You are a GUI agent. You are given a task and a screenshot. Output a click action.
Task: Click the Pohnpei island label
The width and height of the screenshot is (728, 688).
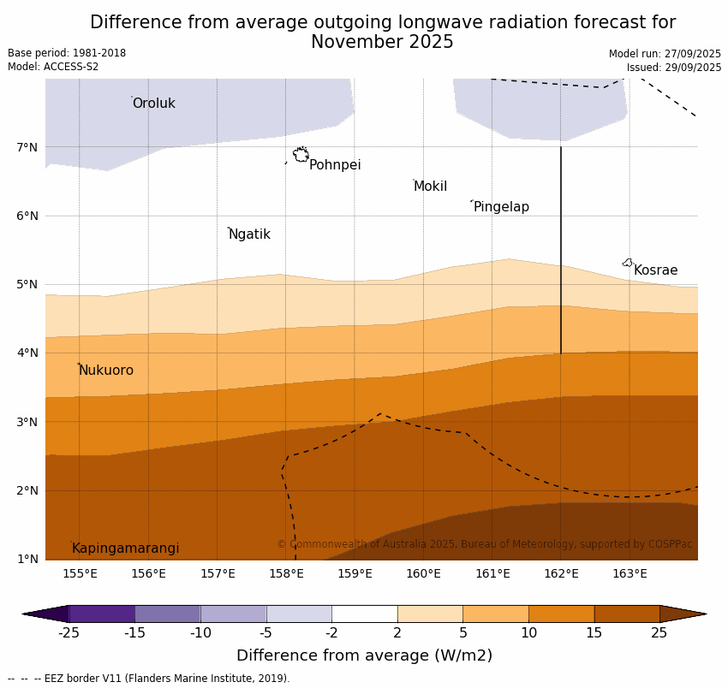[x=335, y=165]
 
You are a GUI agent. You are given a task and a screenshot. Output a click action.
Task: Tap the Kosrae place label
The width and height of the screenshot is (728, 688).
[x=655, y=270]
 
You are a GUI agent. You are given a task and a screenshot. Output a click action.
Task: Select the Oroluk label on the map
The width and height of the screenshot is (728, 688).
[x=153, y=104]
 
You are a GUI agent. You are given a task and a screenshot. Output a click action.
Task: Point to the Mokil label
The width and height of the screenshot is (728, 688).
[x=430, y=187]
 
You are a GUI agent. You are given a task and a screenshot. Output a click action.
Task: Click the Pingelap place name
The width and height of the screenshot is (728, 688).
[x=501, y=207]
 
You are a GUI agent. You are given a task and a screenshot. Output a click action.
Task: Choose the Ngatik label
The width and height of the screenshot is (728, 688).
[x=249, y=234]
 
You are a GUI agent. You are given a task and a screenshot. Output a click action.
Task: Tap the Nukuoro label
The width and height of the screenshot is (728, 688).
[x=106, y=371]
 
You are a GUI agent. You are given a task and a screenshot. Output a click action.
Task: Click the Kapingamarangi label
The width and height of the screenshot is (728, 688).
[x=125, y=549]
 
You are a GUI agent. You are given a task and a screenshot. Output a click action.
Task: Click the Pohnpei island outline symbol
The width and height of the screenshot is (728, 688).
[x=301, y=155]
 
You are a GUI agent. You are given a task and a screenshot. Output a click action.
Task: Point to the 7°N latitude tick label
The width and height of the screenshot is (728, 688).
[x=27, y=147]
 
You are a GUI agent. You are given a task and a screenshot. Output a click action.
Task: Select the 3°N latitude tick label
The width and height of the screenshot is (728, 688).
[x=27, y=422]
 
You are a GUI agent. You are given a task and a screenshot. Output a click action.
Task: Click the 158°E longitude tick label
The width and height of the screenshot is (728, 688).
[x=286, y=573]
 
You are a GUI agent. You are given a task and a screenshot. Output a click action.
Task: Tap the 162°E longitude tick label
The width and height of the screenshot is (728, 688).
[x=561, y=573]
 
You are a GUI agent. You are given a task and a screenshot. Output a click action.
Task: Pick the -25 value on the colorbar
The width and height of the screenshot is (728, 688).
[x=69, y=633]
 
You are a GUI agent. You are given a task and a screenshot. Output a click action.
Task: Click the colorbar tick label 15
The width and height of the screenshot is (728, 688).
[x=594, y=633]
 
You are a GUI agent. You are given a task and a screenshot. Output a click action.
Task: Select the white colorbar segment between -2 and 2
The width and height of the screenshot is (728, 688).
[x=364, y=614]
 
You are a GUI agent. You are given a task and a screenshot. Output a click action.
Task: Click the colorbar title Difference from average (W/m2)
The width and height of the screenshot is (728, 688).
[x=364, y=656]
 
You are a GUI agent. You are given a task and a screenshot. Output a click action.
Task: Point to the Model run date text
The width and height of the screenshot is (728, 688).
[x=665, y=54]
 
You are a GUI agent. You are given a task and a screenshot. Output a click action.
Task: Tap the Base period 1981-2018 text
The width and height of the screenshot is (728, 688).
[x=67, y=53]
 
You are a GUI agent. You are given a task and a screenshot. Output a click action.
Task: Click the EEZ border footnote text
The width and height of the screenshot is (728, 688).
[x=149, y=679]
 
